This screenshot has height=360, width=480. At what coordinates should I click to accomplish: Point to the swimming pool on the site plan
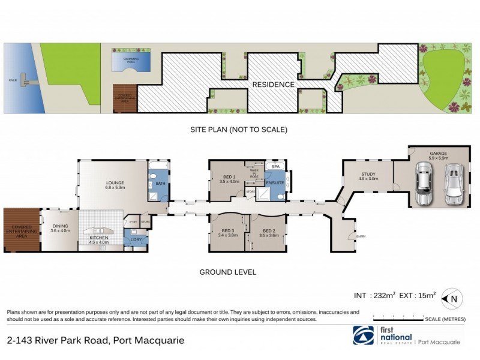[x=131, y=60]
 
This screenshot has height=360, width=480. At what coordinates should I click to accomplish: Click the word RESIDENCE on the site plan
[x=273, y=85]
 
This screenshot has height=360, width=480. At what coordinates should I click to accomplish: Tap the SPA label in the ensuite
[x=275, y=166]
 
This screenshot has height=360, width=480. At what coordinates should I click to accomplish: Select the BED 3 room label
[x=228, y=233]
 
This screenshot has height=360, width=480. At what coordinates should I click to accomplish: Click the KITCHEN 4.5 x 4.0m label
[x=100, y=240]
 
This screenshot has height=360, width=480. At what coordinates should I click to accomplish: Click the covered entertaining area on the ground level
[x=21, y=230]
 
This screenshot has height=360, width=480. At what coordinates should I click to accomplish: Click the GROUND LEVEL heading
[x=228, y=272]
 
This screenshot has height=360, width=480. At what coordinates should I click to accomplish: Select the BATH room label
[x=160, y=184]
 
